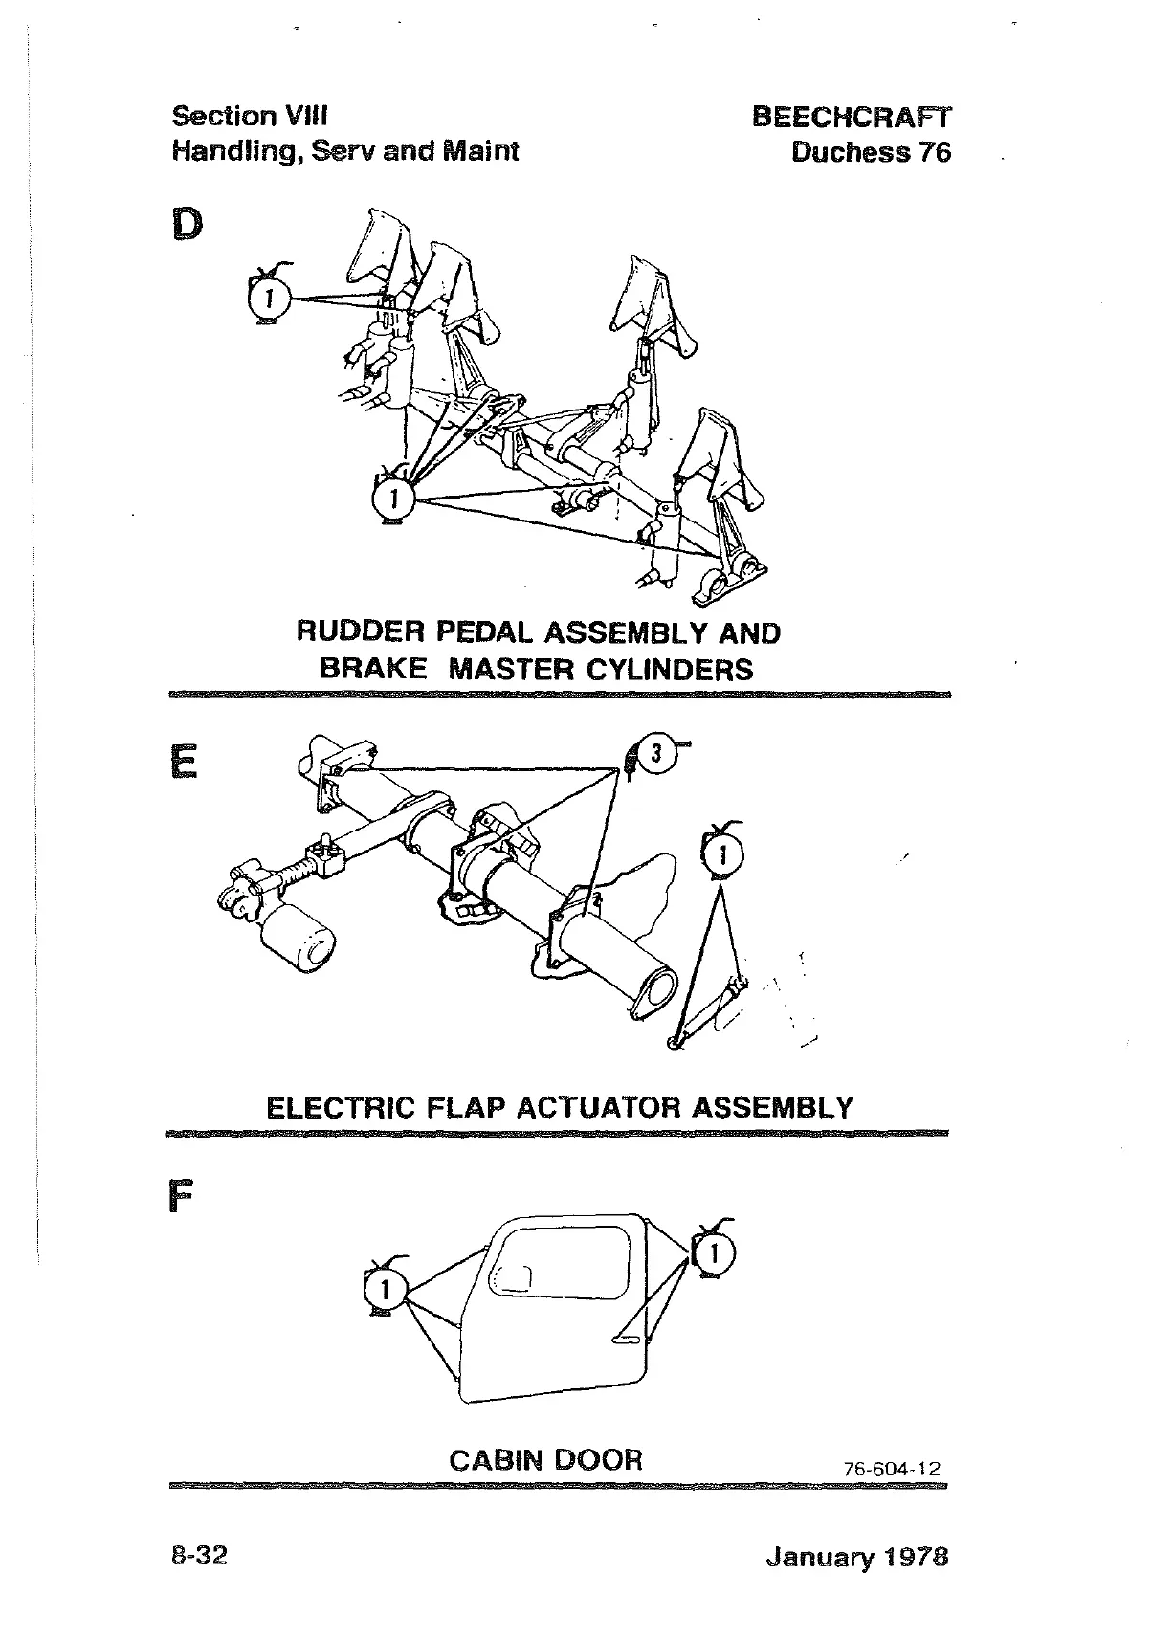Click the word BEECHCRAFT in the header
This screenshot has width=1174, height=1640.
[852, 117]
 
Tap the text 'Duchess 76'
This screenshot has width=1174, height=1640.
[871, 152]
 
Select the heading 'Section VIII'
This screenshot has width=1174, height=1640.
[250, 116]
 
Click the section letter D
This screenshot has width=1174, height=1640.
[188, 225]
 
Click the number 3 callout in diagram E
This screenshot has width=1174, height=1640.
[655, 754]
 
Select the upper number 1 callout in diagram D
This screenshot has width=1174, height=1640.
[270, 299]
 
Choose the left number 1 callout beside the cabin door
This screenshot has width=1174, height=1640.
[385, 1290]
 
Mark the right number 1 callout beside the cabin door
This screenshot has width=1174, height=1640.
[714, 1252]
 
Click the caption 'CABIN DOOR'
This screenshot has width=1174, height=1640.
[545, 1460]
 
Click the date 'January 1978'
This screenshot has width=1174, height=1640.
[856, 1557]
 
